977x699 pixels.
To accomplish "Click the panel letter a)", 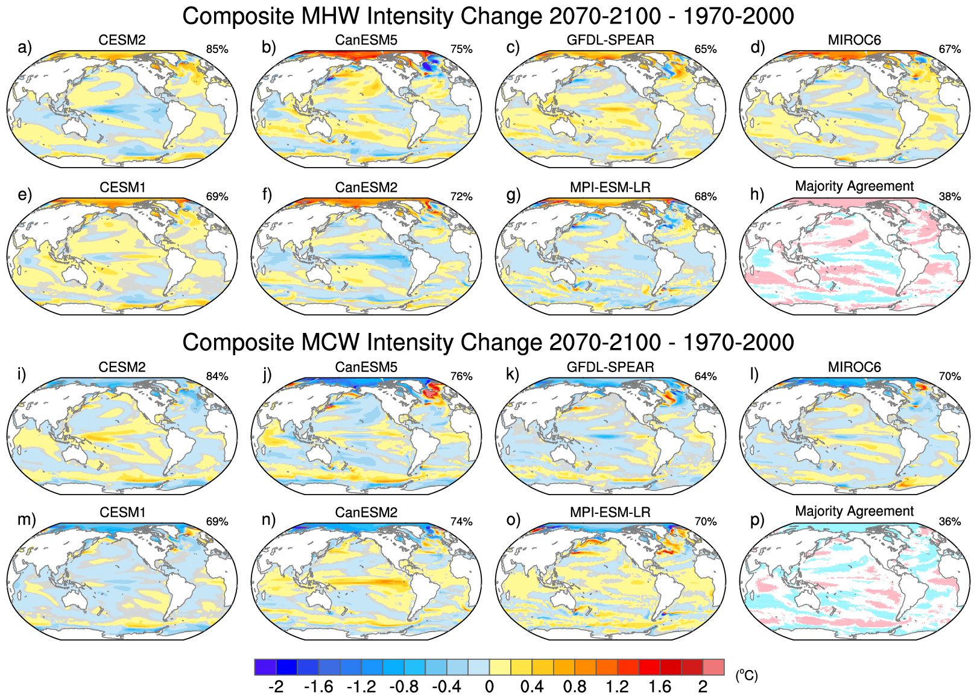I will click(x=24, y=48).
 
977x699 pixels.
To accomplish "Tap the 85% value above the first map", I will click(x=217, y=49).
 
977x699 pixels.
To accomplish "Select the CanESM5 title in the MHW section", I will click(x=366, y=40).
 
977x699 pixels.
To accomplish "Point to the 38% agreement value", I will click(x=950, y=197).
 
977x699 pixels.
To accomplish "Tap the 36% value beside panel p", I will click(x=950, y=522).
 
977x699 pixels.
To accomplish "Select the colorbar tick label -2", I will click(x=276, y=687).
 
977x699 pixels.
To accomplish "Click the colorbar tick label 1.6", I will click(x=660, y=687).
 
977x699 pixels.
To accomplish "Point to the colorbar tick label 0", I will click(x=489, y=687).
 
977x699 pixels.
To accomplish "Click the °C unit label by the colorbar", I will click(x=746, y=675).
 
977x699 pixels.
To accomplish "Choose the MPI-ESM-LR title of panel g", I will click(x=610, y=188).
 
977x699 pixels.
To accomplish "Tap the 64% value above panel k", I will click(x=706, y=376).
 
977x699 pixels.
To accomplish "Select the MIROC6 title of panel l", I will click(x=855, y=367).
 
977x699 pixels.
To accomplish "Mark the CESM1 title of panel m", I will click(x=122, y=513).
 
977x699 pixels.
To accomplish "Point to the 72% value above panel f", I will click(x=461, y=197).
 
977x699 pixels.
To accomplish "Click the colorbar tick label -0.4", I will click(x=446, y=687).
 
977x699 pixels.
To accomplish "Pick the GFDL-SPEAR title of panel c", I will click(x=610, y=40).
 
